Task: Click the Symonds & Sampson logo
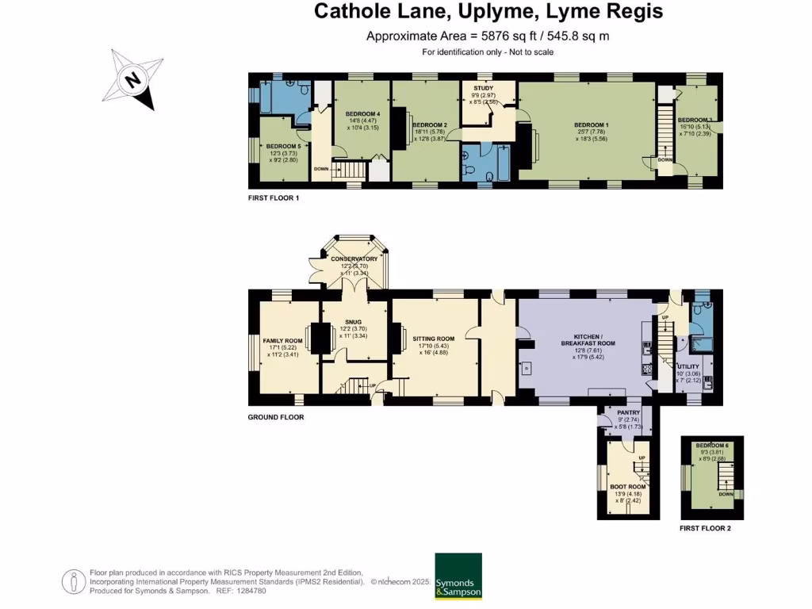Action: pyautogui.click(x=458, y=576)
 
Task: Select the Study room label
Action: pyautogui.click(x=484, y=88)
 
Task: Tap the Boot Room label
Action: pyautogui.click(x=627, y=487)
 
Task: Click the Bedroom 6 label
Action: pyautogui.click(x=711, y=445)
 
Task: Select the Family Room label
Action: pyautogui.click(x=282, y=341)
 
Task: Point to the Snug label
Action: pyautogui.click(x=354, y=322)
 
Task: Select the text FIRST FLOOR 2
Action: pyautogui.click(x=705, y=528)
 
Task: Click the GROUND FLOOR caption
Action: pyautogui.click(x=275, y=417)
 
